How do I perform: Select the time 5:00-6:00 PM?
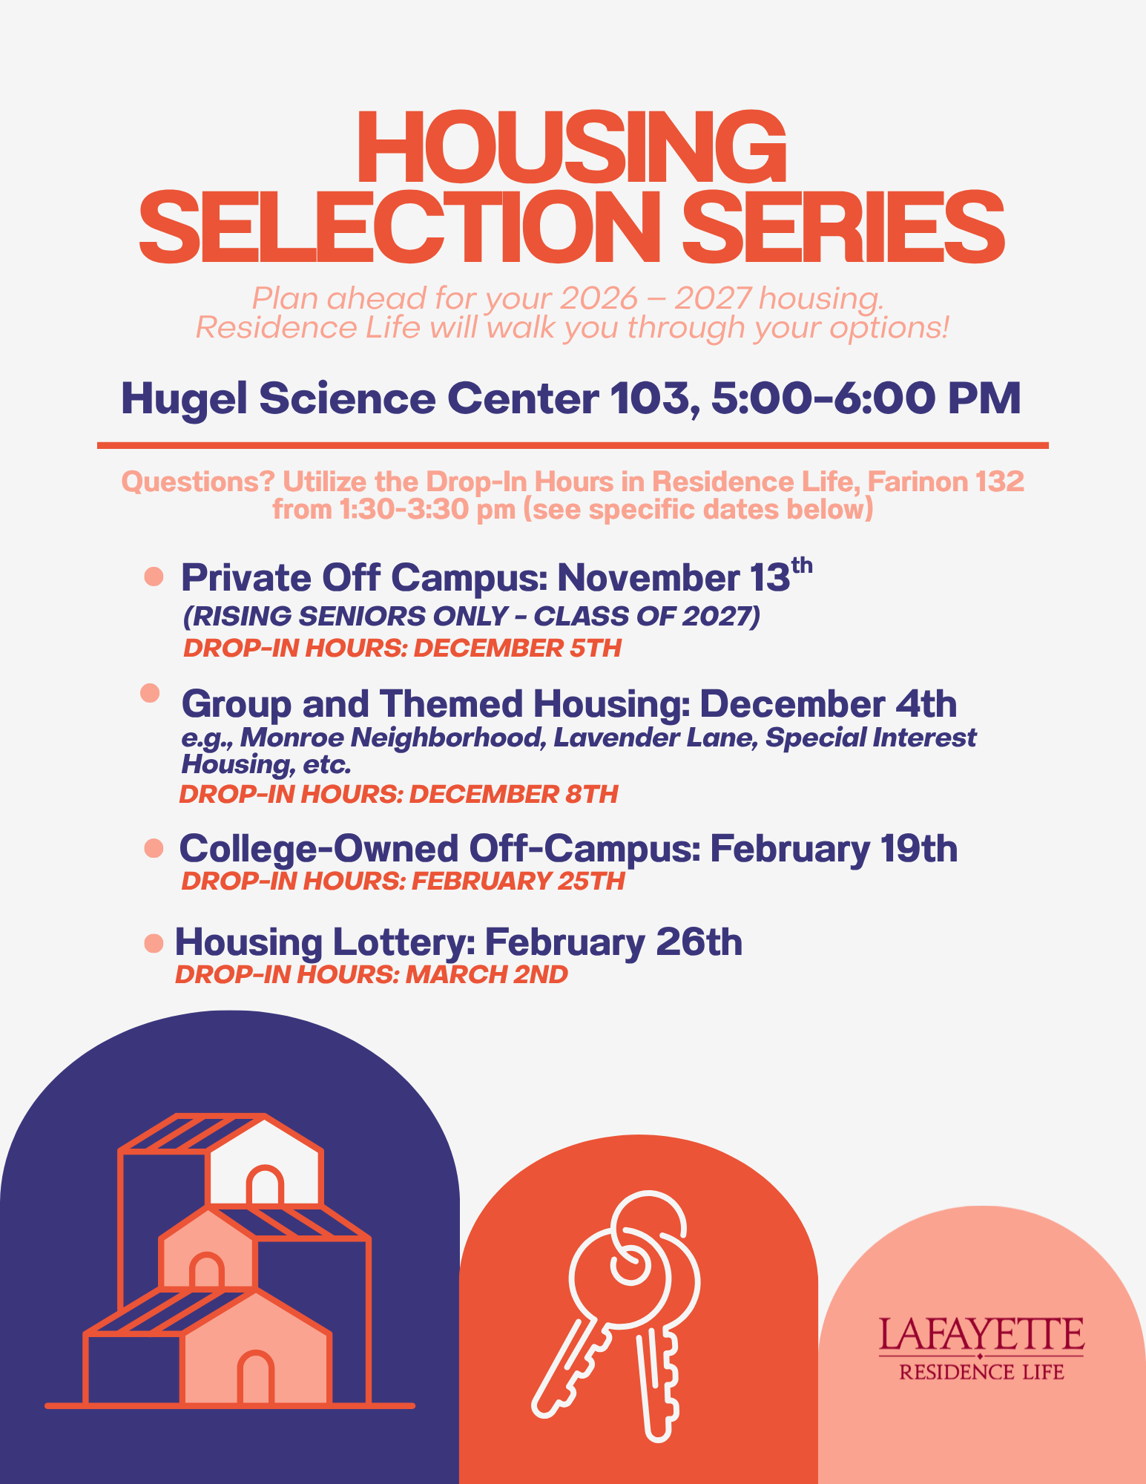(x=866, y=398)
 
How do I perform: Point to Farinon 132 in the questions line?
(x=946, y=482)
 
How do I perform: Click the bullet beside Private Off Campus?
(x=154, y=577)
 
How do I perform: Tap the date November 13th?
(x=685, y=577)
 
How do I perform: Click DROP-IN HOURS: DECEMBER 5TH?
(x=402, y=648)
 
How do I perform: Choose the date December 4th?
(x=829, y=703)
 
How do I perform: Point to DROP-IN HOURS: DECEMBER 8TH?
(x=398, y=795)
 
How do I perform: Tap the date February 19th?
(x=834, y=848)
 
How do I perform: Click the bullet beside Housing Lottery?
(x=154, y=943)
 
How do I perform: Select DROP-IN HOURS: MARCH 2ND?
(x=372, y=974)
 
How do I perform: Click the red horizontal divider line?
(x=573, y=445)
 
